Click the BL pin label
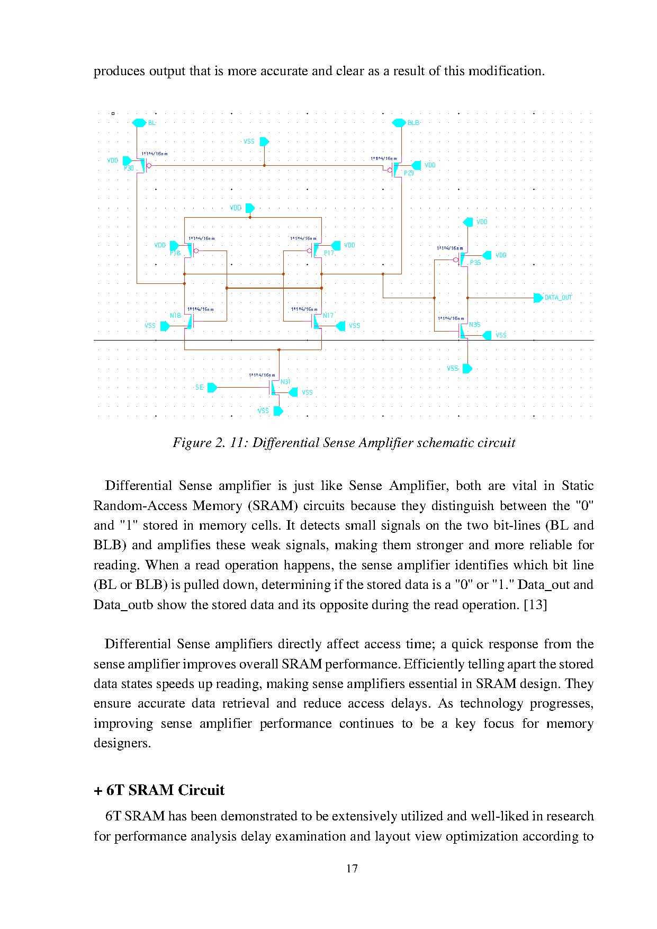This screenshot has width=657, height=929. (x=151, y=123)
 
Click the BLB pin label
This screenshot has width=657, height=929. (x=413, y=123)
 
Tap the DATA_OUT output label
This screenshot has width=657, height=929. (x=558, y=298)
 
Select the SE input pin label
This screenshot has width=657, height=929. (x=200, y=388)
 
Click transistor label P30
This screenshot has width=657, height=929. (x=129, y=168)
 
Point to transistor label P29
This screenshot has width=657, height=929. (x=409, y=173)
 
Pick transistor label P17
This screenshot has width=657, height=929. (x=329, y=253)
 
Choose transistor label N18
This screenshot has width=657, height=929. (x=175, y=316)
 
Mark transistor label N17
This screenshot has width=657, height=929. (x=328, y=316)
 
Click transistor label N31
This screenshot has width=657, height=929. (x=285, y=382)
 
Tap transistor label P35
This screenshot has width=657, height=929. (x=475, y=263)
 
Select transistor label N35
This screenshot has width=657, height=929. (x=474, y=325)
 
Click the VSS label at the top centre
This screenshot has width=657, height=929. (x=249, y=141)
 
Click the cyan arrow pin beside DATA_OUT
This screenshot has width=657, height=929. (x=538, y=298)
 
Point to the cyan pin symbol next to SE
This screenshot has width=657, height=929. (x=212, y=388)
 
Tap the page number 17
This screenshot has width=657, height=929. (x=352, y=868)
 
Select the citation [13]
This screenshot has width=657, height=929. (x=535, y=605)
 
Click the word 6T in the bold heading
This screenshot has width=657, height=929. (x=114, y=790)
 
